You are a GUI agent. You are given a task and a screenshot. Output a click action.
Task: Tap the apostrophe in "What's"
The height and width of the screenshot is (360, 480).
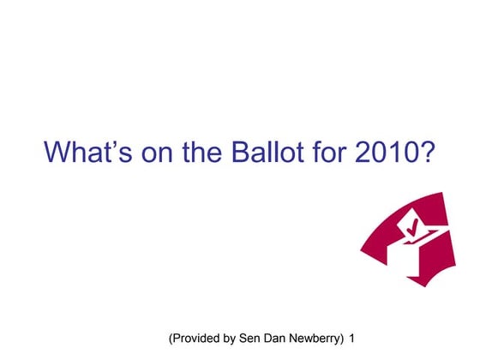click(121, 144)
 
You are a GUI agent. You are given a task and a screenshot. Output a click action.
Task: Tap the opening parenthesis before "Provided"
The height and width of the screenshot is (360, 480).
click(172, 339)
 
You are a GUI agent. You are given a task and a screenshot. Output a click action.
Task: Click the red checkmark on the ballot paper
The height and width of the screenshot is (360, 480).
click(415, 226)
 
